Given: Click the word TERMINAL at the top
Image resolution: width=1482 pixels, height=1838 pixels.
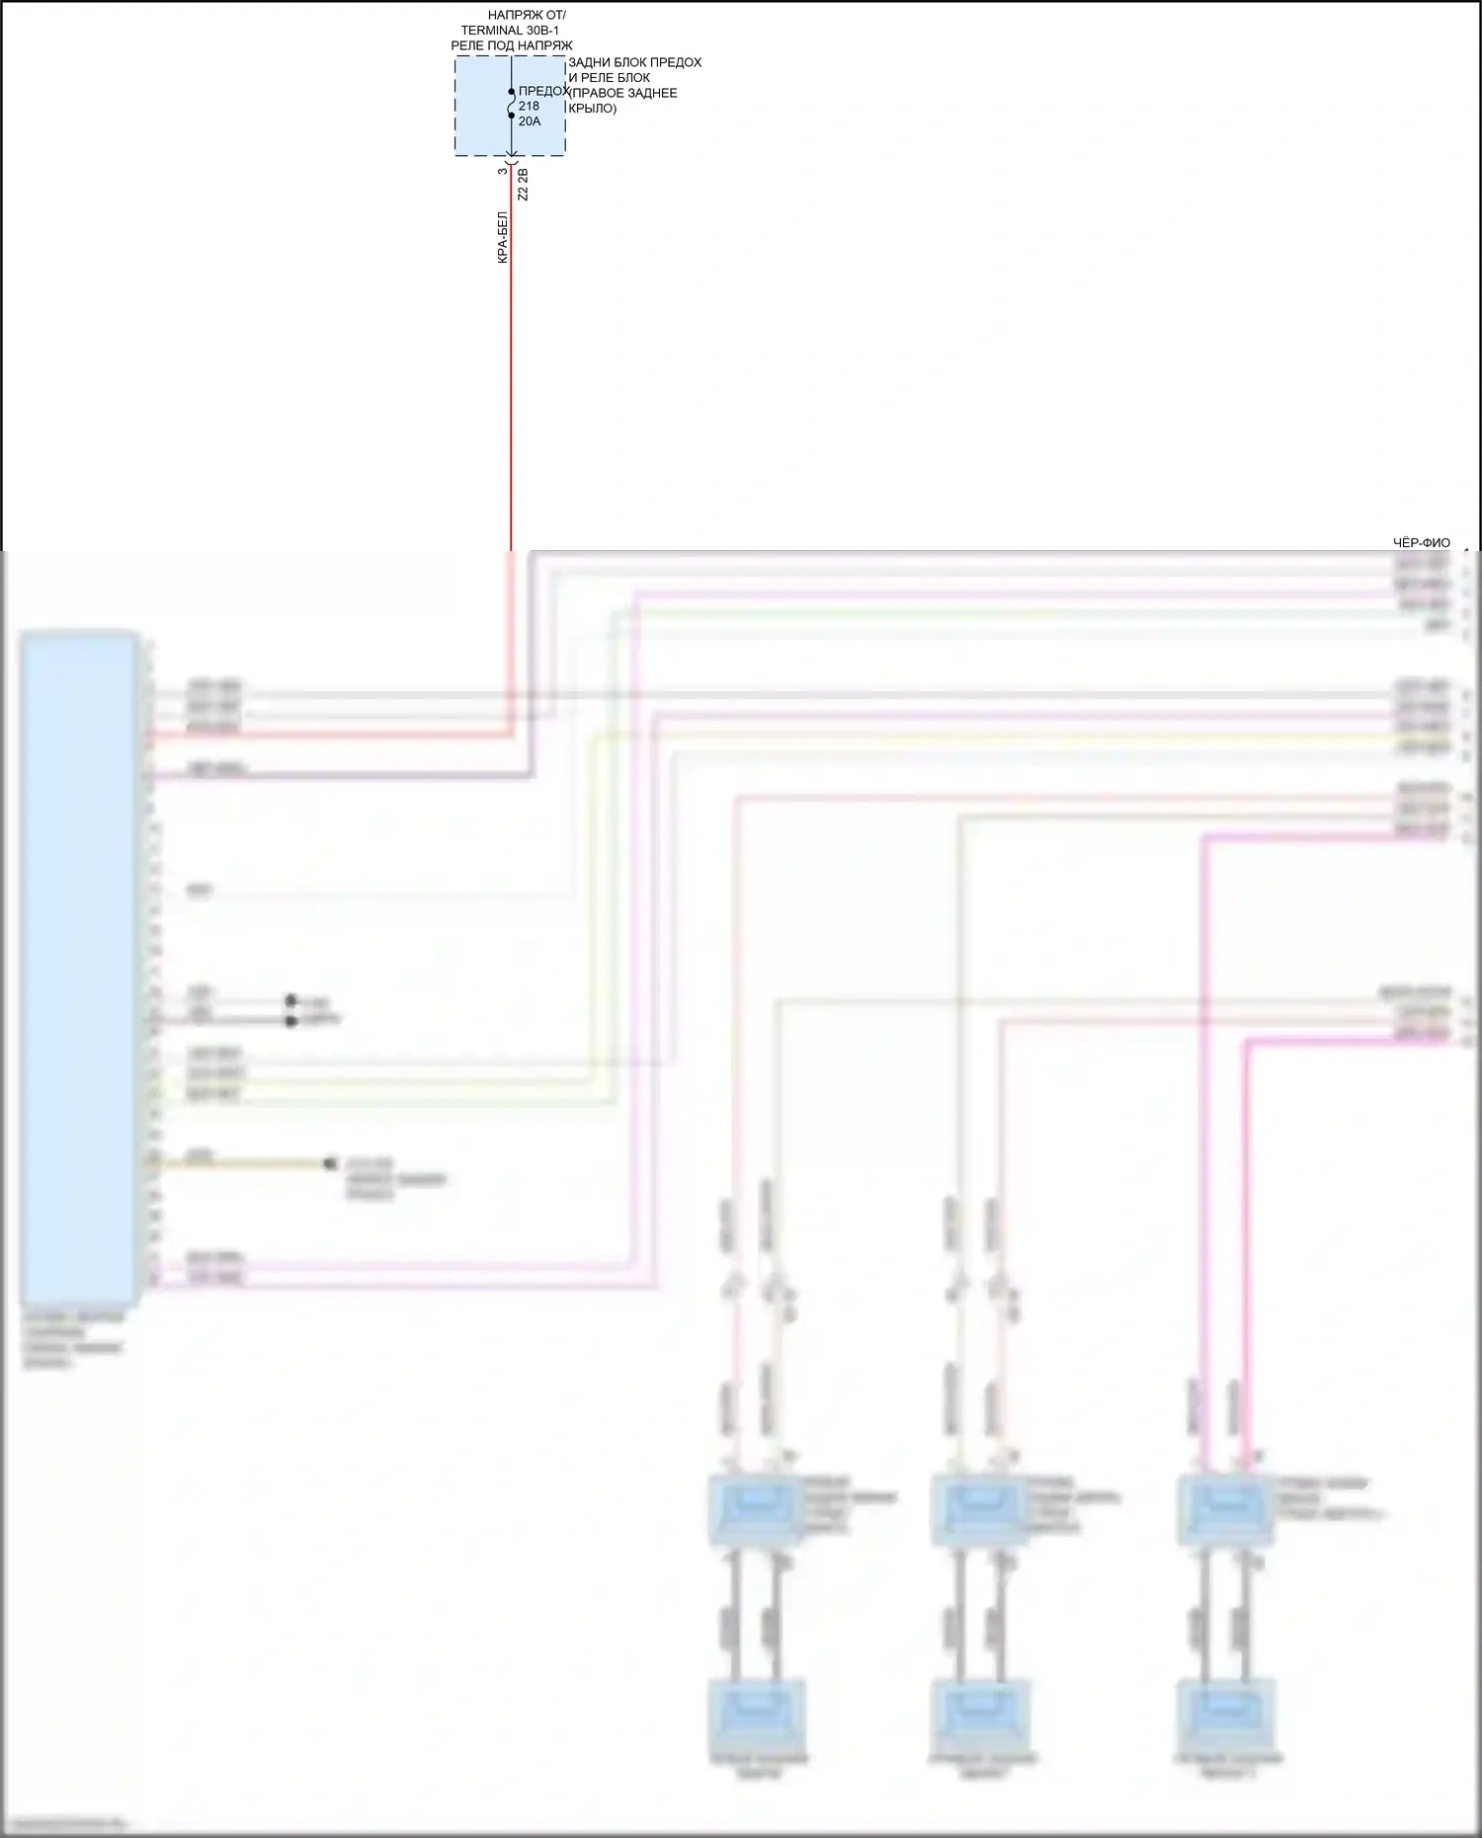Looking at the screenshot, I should (x=491, y=31).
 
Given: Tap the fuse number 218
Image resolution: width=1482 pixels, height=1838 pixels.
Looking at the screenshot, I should (x=529, y=106).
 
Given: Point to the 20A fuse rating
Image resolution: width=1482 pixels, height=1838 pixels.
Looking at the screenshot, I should (x=530, y=121).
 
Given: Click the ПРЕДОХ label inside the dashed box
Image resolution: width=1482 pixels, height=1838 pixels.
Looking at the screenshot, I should (x=542, y=91).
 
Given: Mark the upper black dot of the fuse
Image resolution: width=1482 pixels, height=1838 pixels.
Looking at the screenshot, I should (x=512, y=92).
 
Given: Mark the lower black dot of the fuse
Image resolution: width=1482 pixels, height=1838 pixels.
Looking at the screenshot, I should (x=512, y=116).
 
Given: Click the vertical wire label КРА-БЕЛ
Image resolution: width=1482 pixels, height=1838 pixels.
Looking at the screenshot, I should (x=503, y=237).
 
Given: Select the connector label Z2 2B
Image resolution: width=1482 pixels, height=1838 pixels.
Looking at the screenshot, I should (x=524, y=185).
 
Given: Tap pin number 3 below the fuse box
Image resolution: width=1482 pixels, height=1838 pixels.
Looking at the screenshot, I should (x=502, y=171).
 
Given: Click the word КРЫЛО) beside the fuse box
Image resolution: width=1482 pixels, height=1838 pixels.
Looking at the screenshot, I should (x=593, y=109).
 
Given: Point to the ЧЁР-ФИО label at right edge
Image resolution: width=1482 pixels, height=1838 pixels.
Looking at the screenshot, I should (x=1421, y=542).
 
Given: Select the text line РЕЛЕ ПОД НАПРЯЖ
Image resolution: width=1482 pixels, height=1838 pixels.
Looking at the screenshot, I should (x=511, y=45).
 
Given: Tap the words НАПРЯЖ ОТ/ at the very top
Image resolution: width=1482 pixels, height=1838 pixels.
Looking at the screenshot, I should (x=527, y=16).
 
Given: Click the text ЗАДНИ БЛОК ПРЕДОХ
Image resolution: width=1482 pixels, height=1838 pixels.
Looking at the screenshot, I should (x=634, y=62).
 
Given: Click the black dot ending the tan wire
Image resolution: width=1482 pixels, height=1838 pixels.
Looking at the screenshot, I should (x=330, y=1164).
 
